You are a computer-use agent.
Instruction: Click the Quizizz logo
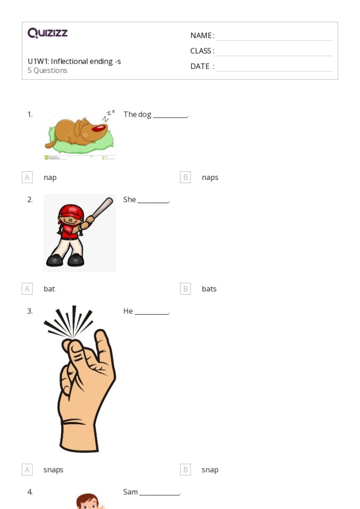point(47,33)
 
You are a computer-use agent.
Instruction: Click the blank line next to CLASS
point(274,56)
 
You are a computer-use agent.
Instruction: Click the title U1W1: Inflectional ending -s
point(75,61)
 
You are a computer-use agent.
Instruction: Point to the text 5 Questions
point(47,70)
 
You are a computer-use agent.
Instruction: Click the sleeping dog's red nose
point(100,129)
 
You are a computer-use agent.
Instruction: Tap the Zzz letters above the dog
point(109,116)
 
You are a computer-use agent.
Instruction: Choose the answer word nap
point(50,177)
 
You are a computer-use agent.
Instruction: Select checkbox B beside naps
point(185,177)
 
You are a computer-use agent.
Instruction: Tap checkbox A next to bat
point(27,288)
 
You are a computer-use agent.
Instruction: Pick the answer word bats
point(209,289)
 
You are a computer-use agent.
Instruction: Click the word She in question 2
point(130,199)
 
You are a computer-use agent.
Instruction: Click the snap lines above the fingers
point(69,321)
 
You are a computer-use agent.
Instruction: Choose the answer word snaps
point(53,470)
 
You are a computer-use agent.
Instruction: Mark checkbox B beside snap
point(185,469)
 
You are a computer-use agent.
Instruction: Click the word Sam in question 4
point(131,492)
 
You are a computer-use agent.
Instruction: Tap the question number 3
point(30,311)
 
